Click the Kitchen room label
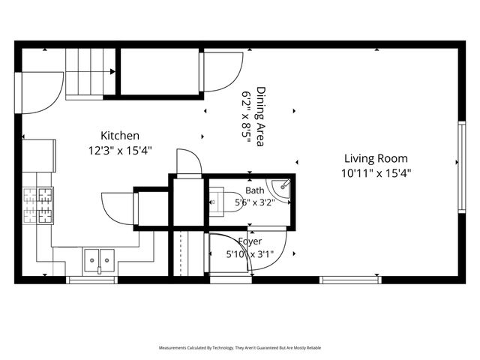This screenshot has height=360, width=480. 120,136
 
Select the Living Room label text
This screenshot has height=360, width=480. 376,158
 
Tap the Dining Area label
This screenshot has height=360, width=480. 260,117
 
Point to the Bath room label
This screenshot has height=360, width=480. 255,190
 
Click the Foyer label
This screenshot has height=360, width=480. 250,241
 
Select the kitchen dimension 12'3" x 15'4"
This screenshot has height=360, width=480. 120,151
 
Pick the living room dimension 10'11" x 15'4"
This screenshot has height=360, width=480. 376,173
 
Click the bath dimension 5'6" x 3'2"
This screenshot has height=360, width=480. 255,202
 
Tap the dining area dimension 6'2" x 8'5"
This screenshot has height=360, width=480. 247,117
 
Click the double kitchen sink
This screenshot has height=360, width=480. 99,260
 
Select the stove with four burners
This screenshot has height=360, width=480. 38,205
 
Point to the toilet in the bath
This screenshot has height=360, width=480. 226,202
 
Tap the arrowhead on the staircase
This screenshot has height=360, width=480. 112,72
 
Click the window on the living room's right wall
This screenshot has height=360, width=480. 462,167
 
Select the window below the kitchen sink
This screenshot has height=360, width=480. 92,280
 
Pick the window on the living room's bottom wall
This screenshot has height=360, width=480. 350,280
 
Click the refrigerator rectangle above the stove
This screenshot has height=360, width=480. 39,156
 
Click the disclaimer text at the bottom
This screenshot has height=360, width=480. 240,348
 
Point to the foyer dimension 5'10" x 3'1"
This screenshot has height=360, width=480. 250,254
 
